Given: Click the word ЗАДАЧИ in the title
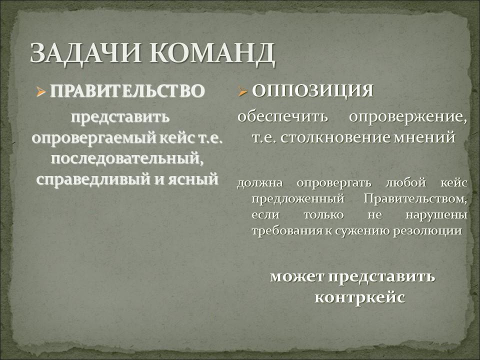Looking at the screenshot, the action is click(x=85, y=53).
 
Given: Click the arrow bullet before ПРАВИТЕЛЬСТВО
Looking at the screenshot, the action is click(x=40, y=91).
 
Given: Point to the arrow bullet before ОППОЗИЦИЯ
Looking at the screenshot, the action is click(x=242, y=91).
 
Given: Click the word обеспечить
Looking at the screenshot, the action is click(x=282, y=117).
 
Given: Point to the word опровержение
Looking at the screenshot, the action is click(x=408, y=117).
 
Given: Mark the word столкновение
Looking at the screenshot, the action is click(x=335, y=137).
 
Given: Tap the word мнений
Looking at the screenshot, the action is click(x=424, y=138).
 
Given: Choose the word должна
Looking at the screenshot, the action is click(x=260, y=183).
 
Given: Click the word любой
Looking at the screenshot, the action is click(x=405, y=182).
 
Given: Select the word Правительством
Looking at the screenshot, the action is click(x=415, y=199).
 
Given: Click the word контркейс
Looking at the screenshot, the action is click(x=360, y=297).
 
